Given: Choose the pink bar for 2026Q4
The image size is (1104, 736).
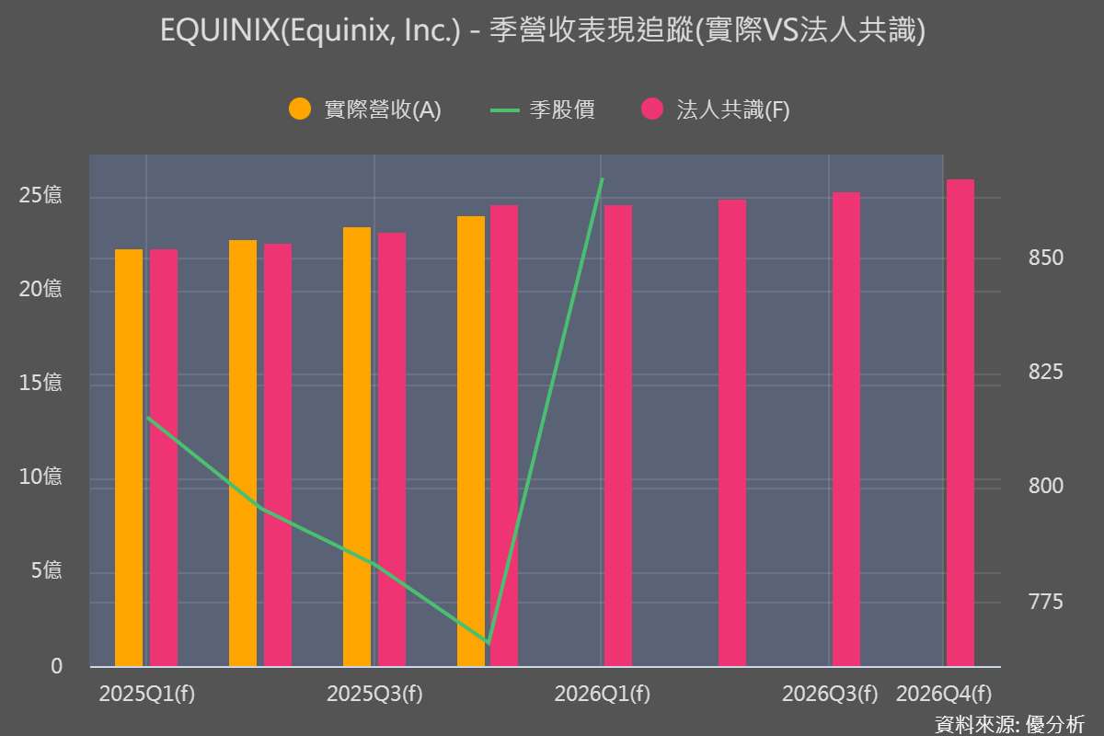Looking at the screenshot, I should tap(960, 422).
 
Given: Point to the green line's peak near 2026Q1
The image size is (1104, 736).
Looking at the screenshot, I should tap(602, 179).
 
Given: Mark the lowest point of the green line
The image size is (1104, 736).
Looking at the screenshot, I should tap(488, 642).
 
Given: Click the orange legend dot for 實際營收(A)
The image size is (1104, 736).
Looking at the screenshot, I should tap(301, 109).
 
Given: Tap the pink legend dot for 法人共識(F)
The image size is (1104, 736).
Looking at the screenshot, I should tap(652, 109).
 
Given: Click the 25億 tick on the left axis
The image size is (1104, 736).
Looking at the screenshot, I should tap(40, 196).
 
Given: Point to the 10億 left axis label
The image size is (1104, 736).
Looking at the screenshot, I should tap(40, 477).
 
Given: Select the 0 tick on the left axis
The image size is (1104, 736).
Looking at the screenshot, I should tap(56, 666).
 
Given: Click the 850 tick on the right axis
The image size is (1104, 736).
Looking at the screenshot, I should tap(1046, 258).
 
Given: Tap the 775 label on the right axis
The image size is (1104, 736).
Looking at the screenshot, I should tap(1046, 603).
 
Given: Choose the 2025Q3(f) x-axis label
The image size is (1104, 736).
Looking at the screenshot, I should tap(374, 694).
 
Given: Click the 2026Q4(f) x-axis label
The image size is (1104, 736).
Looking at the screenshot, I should tap(944, 694).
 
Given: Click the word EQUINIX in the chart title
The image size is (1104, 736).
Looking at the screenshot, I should tap(218, 32).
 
